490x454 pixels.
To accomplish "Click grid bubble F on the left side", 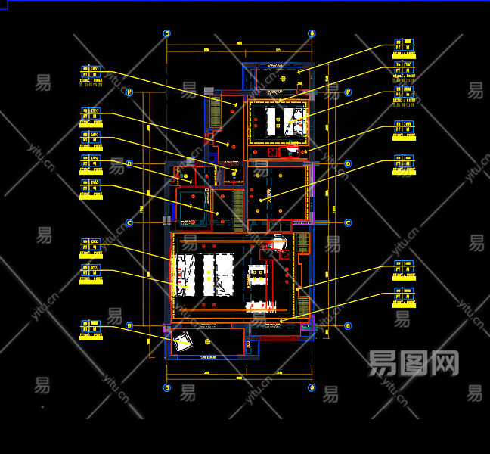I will tap(129, 92).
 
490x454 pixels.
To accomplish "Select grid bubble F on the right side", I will tap(349, 92).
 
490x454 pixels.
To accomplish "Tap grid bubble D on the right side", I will tap(348, 163).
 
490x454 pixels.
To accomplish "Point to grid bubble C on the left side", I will tap(129, 222).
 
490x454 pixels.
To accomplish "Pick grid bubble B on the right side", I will tap(348, 326).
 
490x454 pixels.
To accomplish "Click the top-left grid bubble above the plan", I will tap(167, 34).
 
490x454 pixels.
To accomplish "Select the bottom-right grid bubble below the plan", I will tap(311, 387).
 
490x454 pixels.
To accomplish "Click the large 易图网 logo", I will tap(414, 364).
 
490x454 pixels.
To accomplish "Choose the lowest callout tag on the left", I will tap(91, 328).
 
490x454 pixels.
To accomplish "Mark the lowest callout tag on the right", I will tap(404, 296).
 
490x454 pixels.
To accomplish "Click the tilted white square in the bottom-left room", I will tap(181, 344).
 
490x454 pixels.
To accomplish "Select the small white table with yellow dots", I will tap(258, 281).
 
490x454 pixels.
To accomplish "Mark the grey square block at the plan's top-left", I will tap(209, 91).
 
